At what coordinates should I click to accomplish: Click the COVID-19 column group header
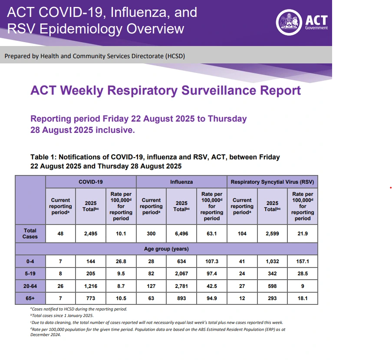(x=91, y=182)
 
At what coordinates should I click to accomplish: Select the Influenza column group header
(x=181, y=182)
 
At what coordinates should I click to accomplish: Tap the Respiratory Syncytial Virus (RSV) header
(x=272, y=182)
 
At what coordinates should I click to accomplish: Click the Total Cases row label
(x=30, y=234)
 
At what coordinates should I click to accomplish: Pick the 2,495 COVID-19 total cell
(x=91, y=234)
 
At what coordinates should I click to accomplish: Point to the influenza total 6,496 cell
(x=181, y=234)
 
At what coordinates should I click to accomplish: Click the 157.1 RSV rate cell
(x=303, y=262)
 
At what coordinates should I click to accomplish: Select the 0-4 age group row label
(x=30, y=262)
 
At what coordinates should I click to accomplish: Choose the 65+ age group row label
(x=30, y=298)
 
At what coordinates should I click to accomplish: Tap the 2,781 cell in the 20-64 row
(x=181, y=286)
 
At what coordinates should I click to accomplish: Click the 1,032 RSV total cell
(x=272, y=262)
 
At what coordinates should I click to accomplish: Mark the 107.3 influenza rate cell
(x=212, y=262)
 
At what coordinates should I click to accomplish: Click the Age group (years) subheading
(x=167, y=249)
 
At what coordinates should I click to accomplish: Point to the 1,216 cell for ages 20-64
(x=91, y=286)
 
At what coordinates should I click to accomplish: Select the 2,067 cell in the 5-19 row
(x=181, y=274)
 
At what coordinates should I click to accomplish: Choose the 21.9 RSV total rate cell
(x=303, y=234)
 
